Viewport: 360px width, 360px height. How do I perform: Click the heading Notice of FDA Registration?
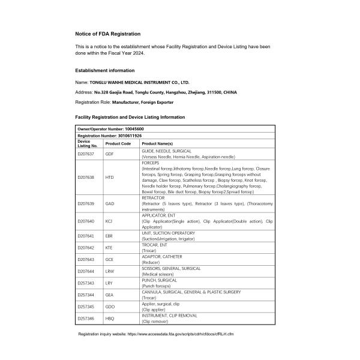click(108, 34)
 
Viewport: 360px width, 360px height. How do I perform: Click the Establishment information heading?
click(104, 70)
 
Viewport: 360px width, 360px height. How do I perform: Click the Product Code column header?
click(118, 144)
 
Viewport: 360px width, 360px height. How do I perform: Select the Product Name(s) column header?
click(157, 144)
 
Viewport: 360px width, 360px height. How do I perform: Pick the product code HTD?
click(110, 178)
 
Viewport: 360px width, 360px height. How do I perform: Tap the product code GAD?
click(110, 203)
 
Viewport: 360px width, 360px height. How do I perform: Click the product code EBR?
click(110, 236)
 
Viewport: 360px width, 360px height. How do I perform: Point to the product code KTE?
click(110, 247)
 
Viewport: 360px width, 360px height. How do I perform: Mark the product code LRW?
click(110, 271)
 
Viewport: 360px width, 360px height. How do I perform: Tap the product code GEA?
click(110, 295)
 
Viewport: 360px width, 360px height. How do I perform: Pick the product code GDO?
click(110, 307)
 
